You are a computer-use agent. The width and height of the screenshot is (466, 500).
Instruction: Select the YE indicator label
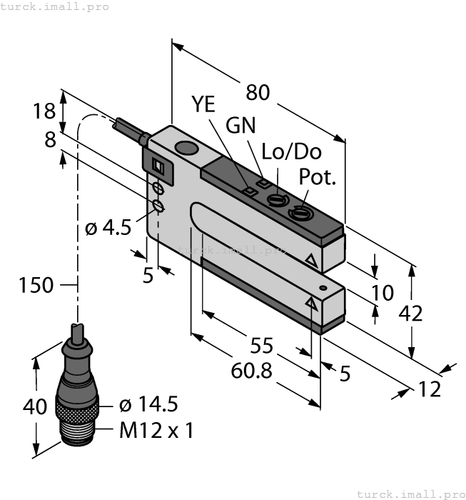tap(203, 104)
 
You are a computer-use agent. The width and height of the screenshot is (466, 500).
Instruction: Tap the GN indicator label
tap(241, 125)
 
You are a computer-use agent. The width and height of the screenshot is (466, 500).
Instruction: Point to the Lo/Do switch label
tap(292, 151)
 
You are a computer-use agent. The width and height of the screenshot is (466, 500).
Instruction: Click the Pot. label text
tap(318, 177)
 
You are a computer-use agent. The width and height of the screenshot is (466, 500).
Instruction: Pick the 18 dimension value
tap(44, 111)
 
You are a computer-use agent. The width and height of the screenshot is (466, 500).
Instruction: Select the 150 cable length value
tap(36, 285)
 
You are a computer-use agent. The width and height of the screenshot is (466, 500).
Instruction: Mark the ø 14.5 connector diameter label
tap(148, 405)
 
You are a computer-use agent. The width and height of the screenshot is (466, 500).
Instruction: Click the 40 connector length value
tap(35, 407)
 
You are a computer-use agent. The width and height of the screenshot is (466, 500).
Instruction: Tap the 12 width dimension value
tap(430, 389)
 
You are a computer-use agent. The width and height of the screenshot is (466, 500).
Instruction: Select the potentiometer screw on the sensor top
tap(297, 211)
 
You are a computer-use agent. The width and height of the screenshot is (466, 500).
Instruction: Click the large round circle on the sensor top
tap(186, 149)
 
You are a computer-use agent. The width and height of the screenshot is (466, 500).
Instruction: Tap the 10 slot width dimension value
tap(383, 292)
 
